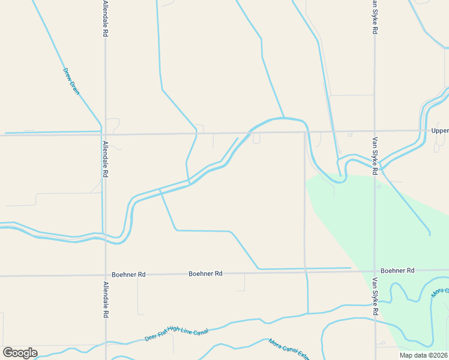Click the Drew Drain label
[x=71, y=81]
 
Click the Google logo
[x=20, y=353]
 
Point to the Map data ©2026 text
[x=423, y=355]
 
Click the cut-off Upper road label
[x=439, y=130]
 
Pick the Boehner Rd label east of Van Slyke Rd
[x=397, y=271]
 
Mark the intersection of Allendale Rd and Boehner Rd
[x=105, y=275]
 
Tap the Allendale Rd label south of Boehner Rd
[x=105, y=299]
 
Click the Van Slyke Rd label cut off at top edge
[x=374, y=16]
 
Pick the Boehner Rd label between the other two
[x=205, y=274]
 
